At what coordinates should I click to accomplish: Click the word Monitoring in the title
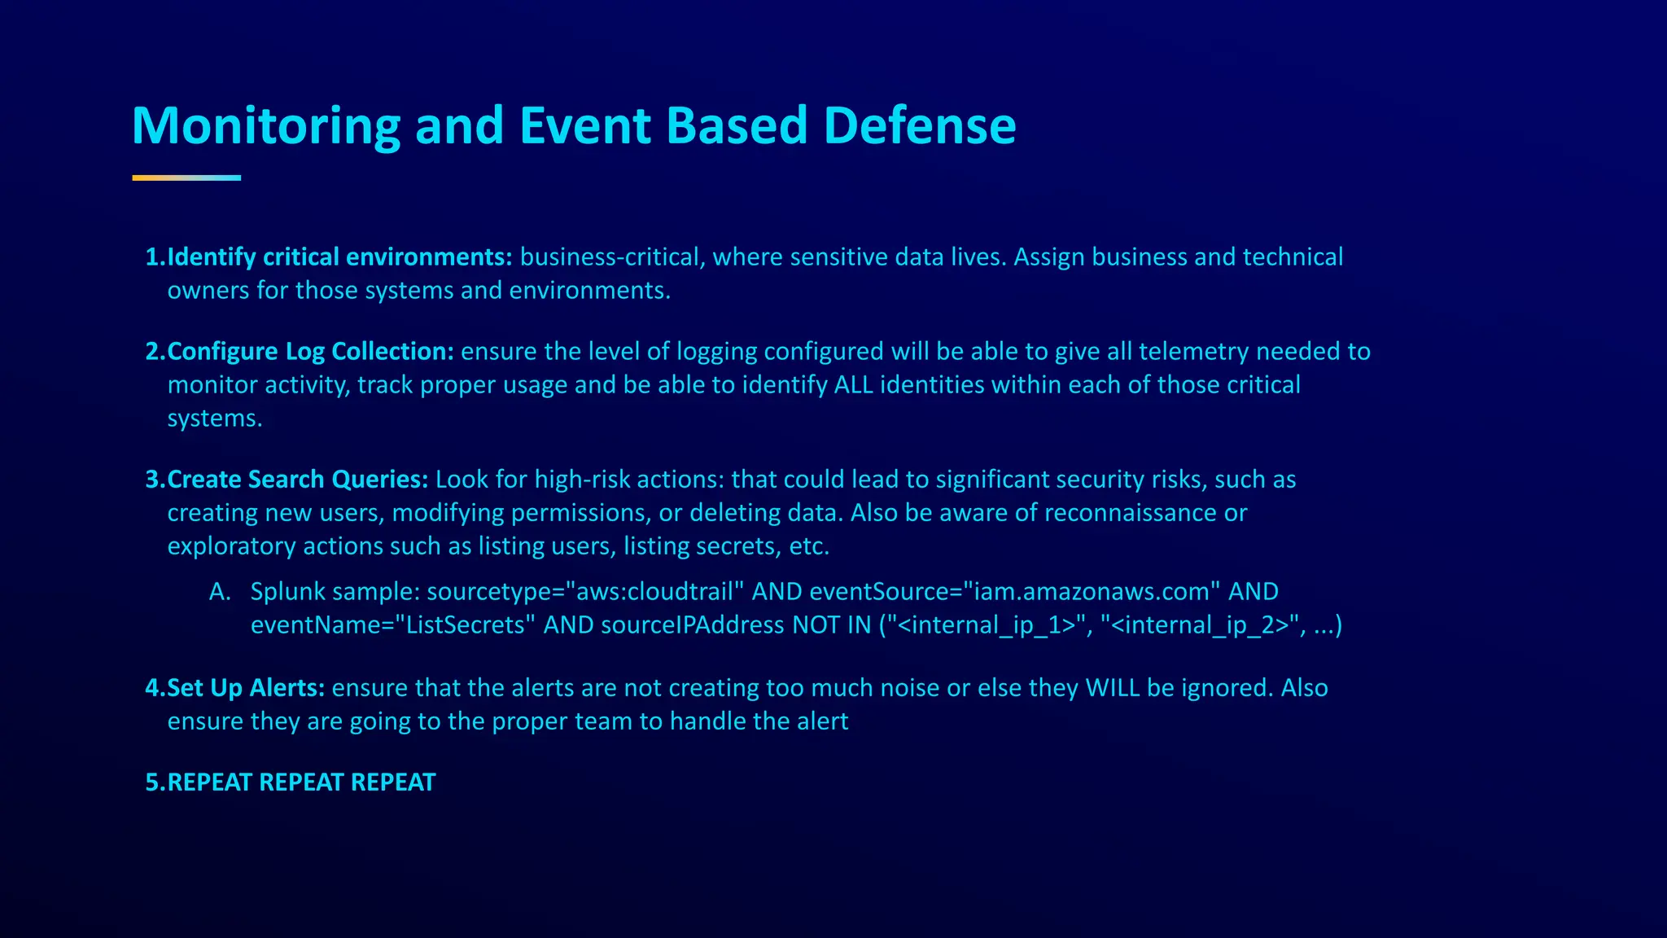tap(265, 126)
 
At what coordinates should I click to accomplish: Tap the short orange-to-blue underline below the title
tap(186, 178)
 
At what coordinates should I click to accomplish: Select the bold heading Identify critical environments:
tap(339, 257)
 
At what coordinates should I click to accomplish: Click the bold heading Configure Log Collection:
tap(310, 352)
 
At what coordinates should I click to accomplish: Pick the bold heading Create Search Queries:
tap(297, 480)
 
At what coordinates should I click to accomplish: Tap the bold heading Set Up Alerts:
tap(246, 688)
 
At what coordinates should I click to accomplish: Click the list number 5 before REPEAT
tap(152, 782)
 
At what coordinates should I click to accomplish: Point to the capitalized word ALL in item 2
tap(853, 385)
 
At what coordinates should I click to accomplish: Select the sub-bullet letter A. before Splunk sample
tap(219, 592)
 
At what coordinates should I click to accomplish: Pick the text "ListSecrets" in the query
tap(465, 625)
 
